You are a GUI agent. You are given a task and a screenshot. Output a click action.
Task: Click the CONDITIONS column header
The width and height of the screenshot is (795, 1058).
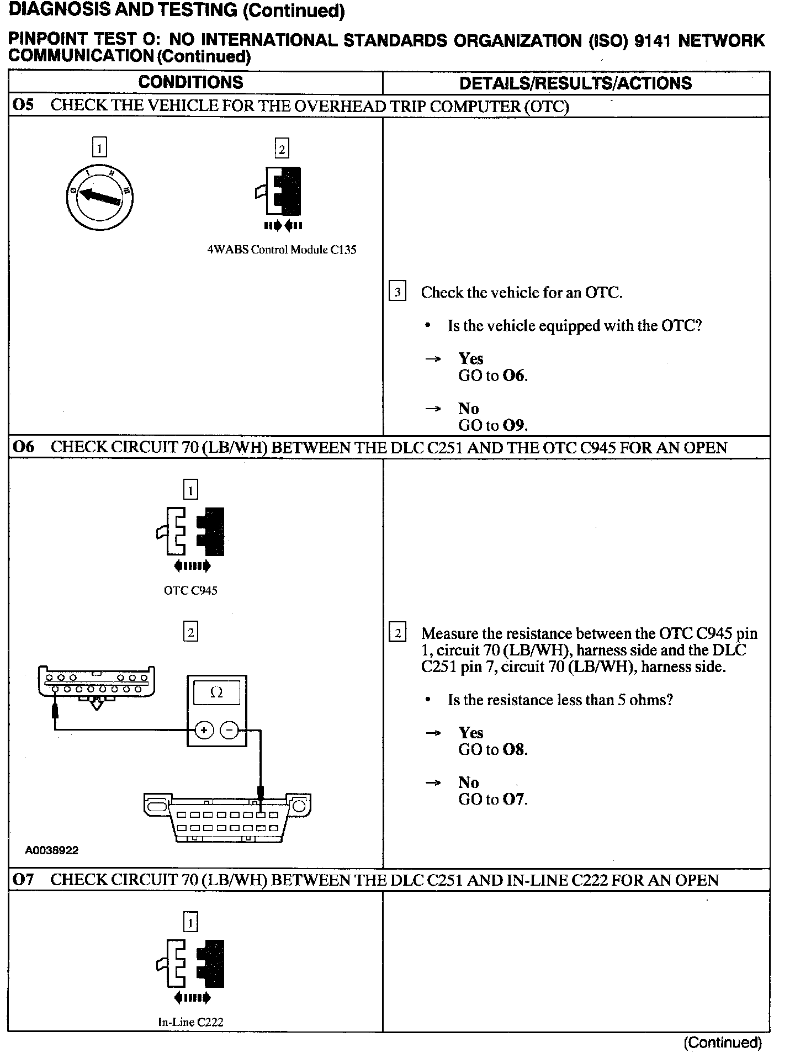point(190,82)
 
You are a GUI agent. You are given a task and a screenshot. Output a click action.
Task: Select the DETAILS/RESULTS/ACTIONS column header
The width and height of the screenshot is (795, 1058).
point(575,83)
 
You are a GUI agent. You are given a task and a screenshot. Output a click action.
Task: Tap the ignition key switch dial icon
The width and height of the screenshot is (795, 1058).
point(99,196)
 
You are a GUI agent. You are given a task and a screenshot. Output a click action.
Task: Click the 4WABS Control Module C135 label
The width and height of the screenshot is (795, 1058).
point(282,250)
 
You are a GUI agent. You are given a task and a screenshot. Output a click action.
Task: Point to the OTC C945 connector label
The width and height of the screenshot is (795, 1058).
point(190,590)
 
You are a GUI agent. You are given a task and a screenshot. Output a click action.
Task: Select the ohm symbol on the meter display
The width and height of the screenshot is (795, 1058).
point(216,692)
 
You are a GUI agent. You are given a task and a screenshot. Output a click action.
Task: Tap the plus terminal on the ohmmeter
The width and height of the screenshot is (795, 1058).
point(204,731)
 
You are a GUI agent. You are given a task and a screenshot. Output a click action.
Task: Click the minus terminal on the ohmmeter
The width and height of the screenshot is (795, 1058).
point(230,731)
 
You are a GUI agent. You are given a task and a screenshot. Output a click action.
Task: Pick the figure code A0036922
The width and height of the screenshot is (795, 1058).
point(52,850)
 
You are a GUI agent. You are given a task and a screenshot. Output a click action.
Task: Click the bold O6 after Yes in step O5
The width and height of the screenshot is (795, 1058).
point(513,376)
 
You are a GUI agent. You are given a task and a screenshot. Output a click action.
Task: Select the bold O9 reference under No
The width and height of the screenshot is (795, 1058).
point(513,426)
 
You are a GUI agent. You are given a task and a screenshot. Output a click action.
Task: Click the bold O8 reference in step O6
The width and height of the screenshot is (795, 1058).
point(513,750)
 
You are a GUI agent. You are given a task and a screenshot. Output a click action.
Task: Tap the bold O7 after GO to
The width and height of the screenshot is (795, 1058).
point(513,800)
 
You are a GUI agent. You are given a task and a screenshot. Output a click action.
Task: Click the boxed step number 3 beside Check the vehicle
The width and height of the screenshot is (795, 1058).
point(397,292)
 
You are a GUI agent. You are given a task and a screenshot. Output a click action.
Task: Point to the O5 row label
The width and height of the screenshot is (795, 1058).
point(23,105)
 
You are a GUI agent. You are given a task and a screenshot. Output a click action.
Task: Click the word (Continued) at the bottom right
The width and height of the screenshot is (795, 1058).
point(723,1043)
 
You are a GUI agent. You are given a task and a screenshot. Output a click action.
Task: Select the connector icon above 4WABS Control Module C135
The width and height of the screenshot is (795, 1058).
point(282,191)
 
